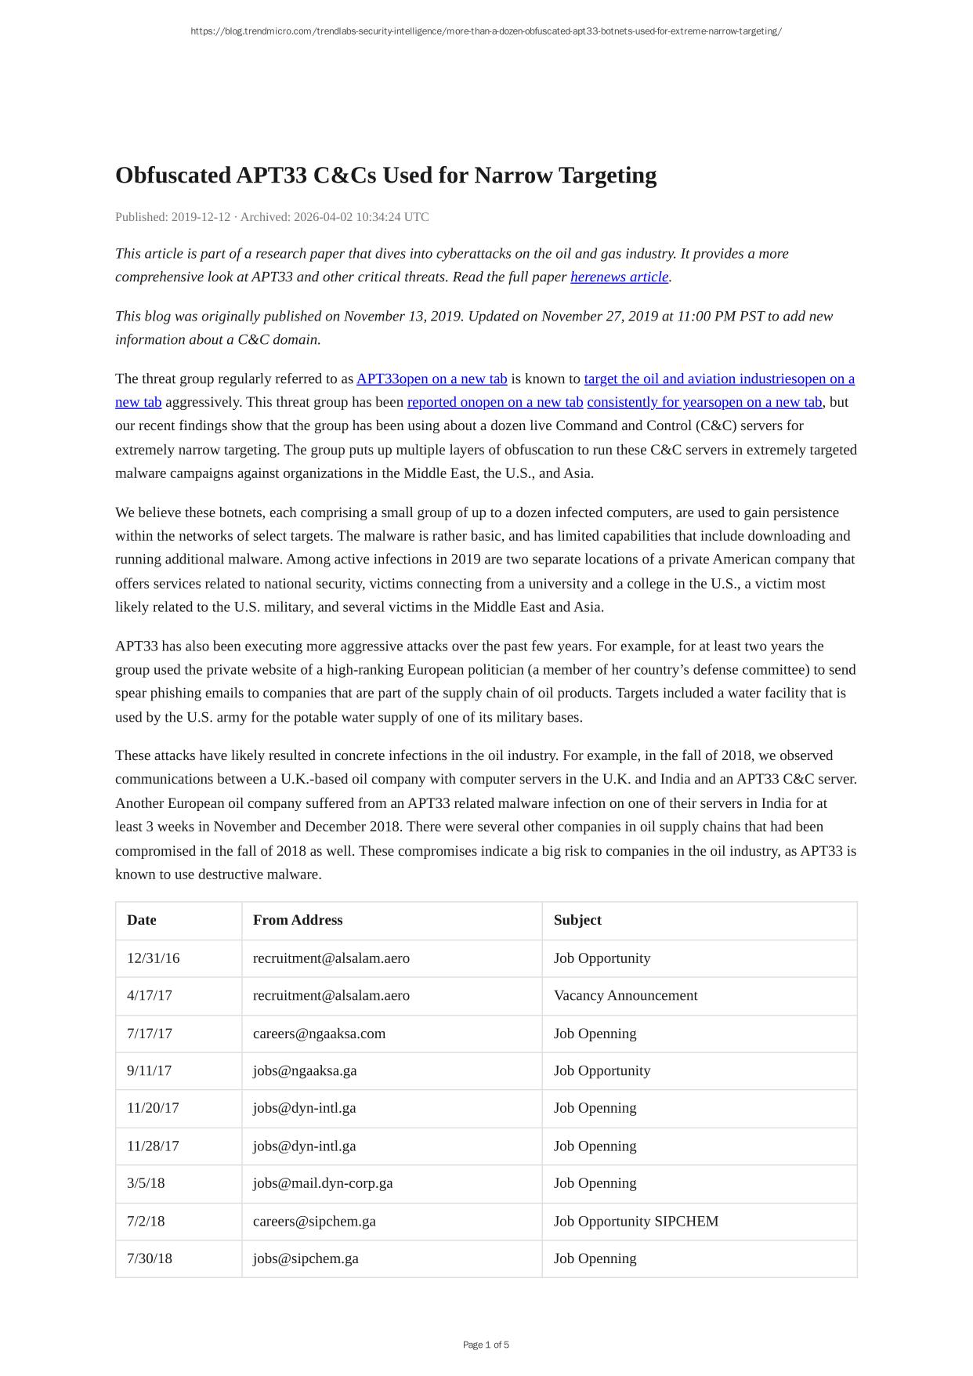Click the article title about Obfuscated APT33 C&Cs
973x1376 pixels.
click(x=385, y=176)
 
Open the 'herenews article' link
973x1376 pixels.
click(x=619, y=277)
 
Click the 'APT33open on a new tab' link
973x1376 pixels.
click(x=432, y=378)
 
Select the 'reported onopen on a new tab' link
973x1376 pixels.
click(x=495, y=402)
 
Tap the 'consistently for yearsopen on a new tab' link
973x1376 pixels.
click(x=704, y=402)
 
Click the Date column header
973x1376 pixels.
click(x=142, y=920)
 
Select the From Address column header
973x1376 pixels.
click(x=298, y=920)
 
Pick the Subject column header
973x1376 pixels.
click(x=577, y=920)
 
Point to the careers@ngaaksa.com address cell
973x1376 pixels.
click(x=319, y=1034)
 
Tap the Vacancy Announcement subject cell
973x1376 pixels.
click(x=625, y=995)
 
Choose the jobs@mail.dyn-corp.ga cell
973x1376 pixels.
click(x=323, y=1183)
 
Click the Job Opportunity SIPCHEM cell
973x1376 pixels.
click(x=635, y=1221)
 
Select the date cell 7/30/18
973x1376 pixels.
click(x=150, y=1258)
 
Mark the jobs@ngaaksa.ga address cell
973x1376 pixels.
click(x=305, y=1070)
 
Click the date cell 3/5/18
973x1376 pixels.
click(x=146, y=1183)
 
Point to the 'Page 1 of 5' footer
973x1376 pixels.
click(x=486, y=1345)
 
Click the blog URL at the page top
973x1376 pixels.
click(x=486, y=31)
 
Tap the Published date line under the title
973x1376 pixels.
click(x=272, y=217)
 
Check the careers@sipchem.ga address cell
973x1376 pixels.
click(x=314, y=1221)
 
